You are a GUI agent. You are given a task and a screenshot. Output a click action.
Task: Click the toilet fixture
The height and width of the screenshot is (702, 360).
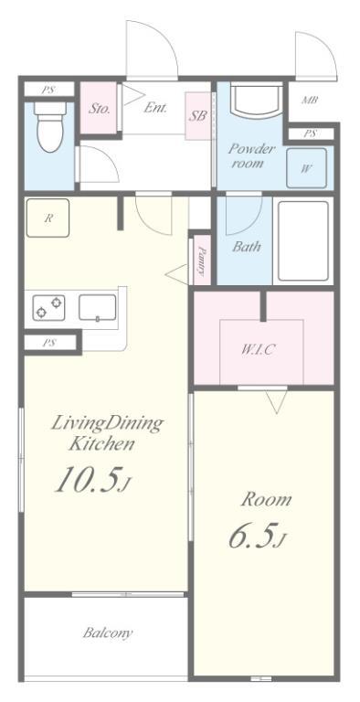click(49, 127)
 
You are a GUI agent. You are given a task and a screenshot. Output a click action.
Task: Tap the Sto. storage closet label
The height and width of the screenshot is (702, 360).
click(99, 108)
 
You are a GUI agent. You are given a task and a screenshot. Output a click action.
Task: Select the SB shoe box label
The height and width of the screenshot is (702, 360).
click(197, 115)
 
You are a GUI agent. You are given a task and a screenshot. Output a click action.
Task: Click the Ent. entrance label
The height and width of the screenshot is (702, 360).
click(155, 108)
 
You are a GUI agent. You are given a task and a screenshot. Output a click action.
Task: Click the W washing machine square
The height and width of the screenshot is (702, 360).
click(307, 168)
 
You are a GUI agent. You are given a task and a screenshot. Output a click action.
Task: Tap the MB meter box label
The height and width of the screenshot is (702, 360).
click(310, 100)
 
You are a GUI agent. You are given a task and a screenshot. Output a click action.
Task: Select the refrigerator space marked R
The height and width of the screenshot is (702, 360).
click(48, 218)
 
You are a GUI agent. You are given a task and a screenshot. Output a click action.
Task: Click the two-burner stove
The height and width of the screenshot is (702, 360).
click(48, 307)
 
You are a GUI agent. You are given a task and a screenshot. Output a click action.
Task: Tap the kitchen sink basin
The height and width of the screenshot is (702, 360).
click(98, 307)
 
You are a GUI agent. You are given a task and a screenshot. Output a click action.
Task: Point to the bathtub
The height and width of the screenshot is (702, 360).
click(303, 241)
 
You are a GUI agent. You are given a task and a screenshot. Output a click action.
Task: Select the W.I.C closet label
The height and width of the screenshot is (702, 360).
click(259, 349)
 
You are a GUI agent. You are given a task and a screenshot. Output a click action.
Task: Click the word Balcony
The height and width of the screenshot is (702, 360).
click(108, 633)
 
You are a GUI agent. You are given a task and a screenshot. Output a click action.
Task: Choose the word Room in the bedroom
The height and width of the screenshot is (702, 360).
click(267, 499)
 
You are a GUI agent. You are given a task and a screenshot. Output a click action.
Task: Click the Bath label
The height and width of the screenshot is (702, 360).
click(247, 246)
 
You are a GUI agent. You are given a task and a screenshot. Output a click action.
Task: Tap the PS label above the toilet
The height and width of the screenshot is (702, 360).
click(48, 90)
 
